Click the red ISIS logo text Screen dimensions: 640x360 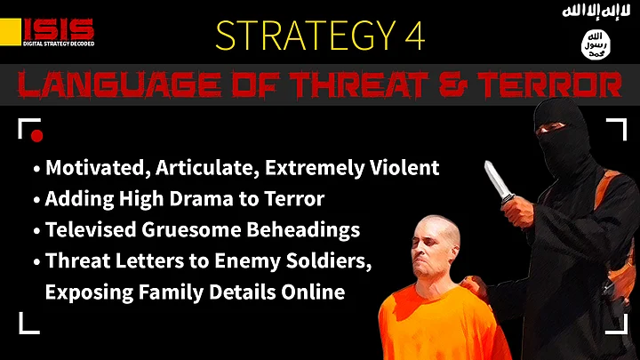click(x=59, y=29)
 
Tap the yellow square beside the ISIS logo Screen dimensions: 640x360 click(x=10, y=32)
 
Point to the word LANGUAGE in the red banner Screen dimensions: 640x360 click(x=119, y=84)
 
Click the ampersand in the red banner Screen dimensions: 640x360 click(x=453, y=84)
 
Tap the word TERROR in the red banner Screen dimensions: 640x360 click(x=550, y=84)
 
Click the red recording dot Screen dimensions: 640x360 click(x=36, y=136)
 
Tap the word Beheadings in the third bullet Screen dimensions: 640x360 click(x=303, y=230)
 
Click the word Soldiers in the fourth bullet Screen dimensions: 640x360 click(x=329, y=261)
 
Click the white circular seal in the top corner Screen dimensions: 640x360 click(x=596, y=44)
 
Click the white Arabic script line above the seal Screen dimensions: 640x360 click(x=596, y=11)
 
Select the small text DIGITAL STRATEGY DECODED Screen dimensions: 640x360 click(x=59, y=44)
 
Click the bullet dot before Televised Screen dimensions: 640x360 click(x=36, y=230)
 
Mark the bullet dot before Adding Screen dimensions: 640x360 click(x=36, y=200)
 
